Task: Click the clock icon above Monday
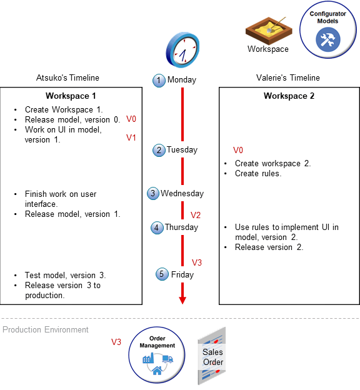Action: click(182, 49)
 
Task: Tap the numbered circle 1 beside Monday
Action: click(159, 80)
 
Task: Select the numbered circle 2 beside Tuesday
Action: click(159, 150)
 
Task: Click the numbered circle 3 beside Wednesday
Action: click(153, 194)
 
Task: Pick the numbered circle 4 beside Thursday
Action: click(157, 228)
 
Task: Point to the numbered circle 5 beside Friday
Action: click(162, 274)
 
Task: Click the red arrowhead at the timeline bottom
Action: click(182, 299)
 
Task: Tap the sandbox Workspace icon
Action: click(267, 29)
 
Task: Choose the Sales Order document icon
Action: click(212, 356)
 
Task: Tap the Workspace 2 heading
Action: click(289, 96)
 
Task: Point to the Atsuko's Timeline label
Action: click(67, 78)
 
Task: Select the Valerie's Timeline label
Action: click(288, 78)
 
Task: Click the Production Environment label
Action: click(46, 329)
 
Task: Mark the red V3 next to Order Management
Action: click(116, 342)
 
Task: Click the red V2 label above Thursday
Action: click(196, 215)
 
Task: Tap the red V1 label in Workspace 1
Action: click(131, 137)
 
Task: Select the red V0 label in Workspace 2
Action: click(237, 150)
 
